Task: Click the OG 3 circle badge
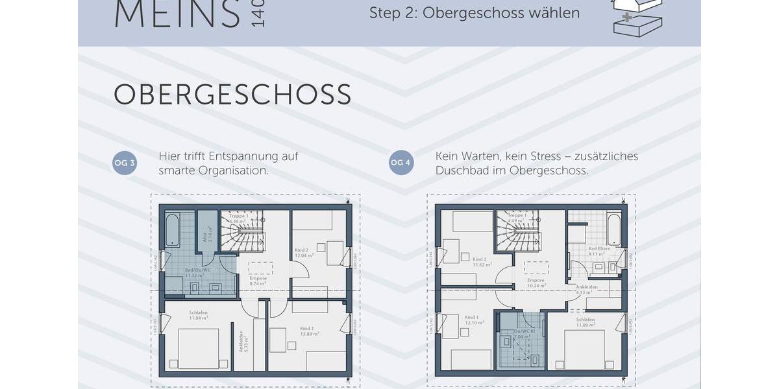coord(125,163)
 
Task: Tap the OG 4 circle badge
coord(401,163)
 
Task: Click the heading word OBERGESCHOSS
coord(232,95)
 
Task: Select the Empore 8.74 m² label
coord(258,281)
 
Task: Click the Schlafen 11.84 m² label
coord(198,315)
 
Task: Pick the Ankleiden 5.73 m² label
coord(241,341)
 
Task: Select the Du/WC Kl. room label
coord(523,334)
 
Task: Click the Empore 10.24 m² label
coord(536,282)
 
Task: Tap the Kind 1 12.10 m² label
coord(471,320)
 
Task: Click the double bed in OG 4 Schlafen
coord(584,349)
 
